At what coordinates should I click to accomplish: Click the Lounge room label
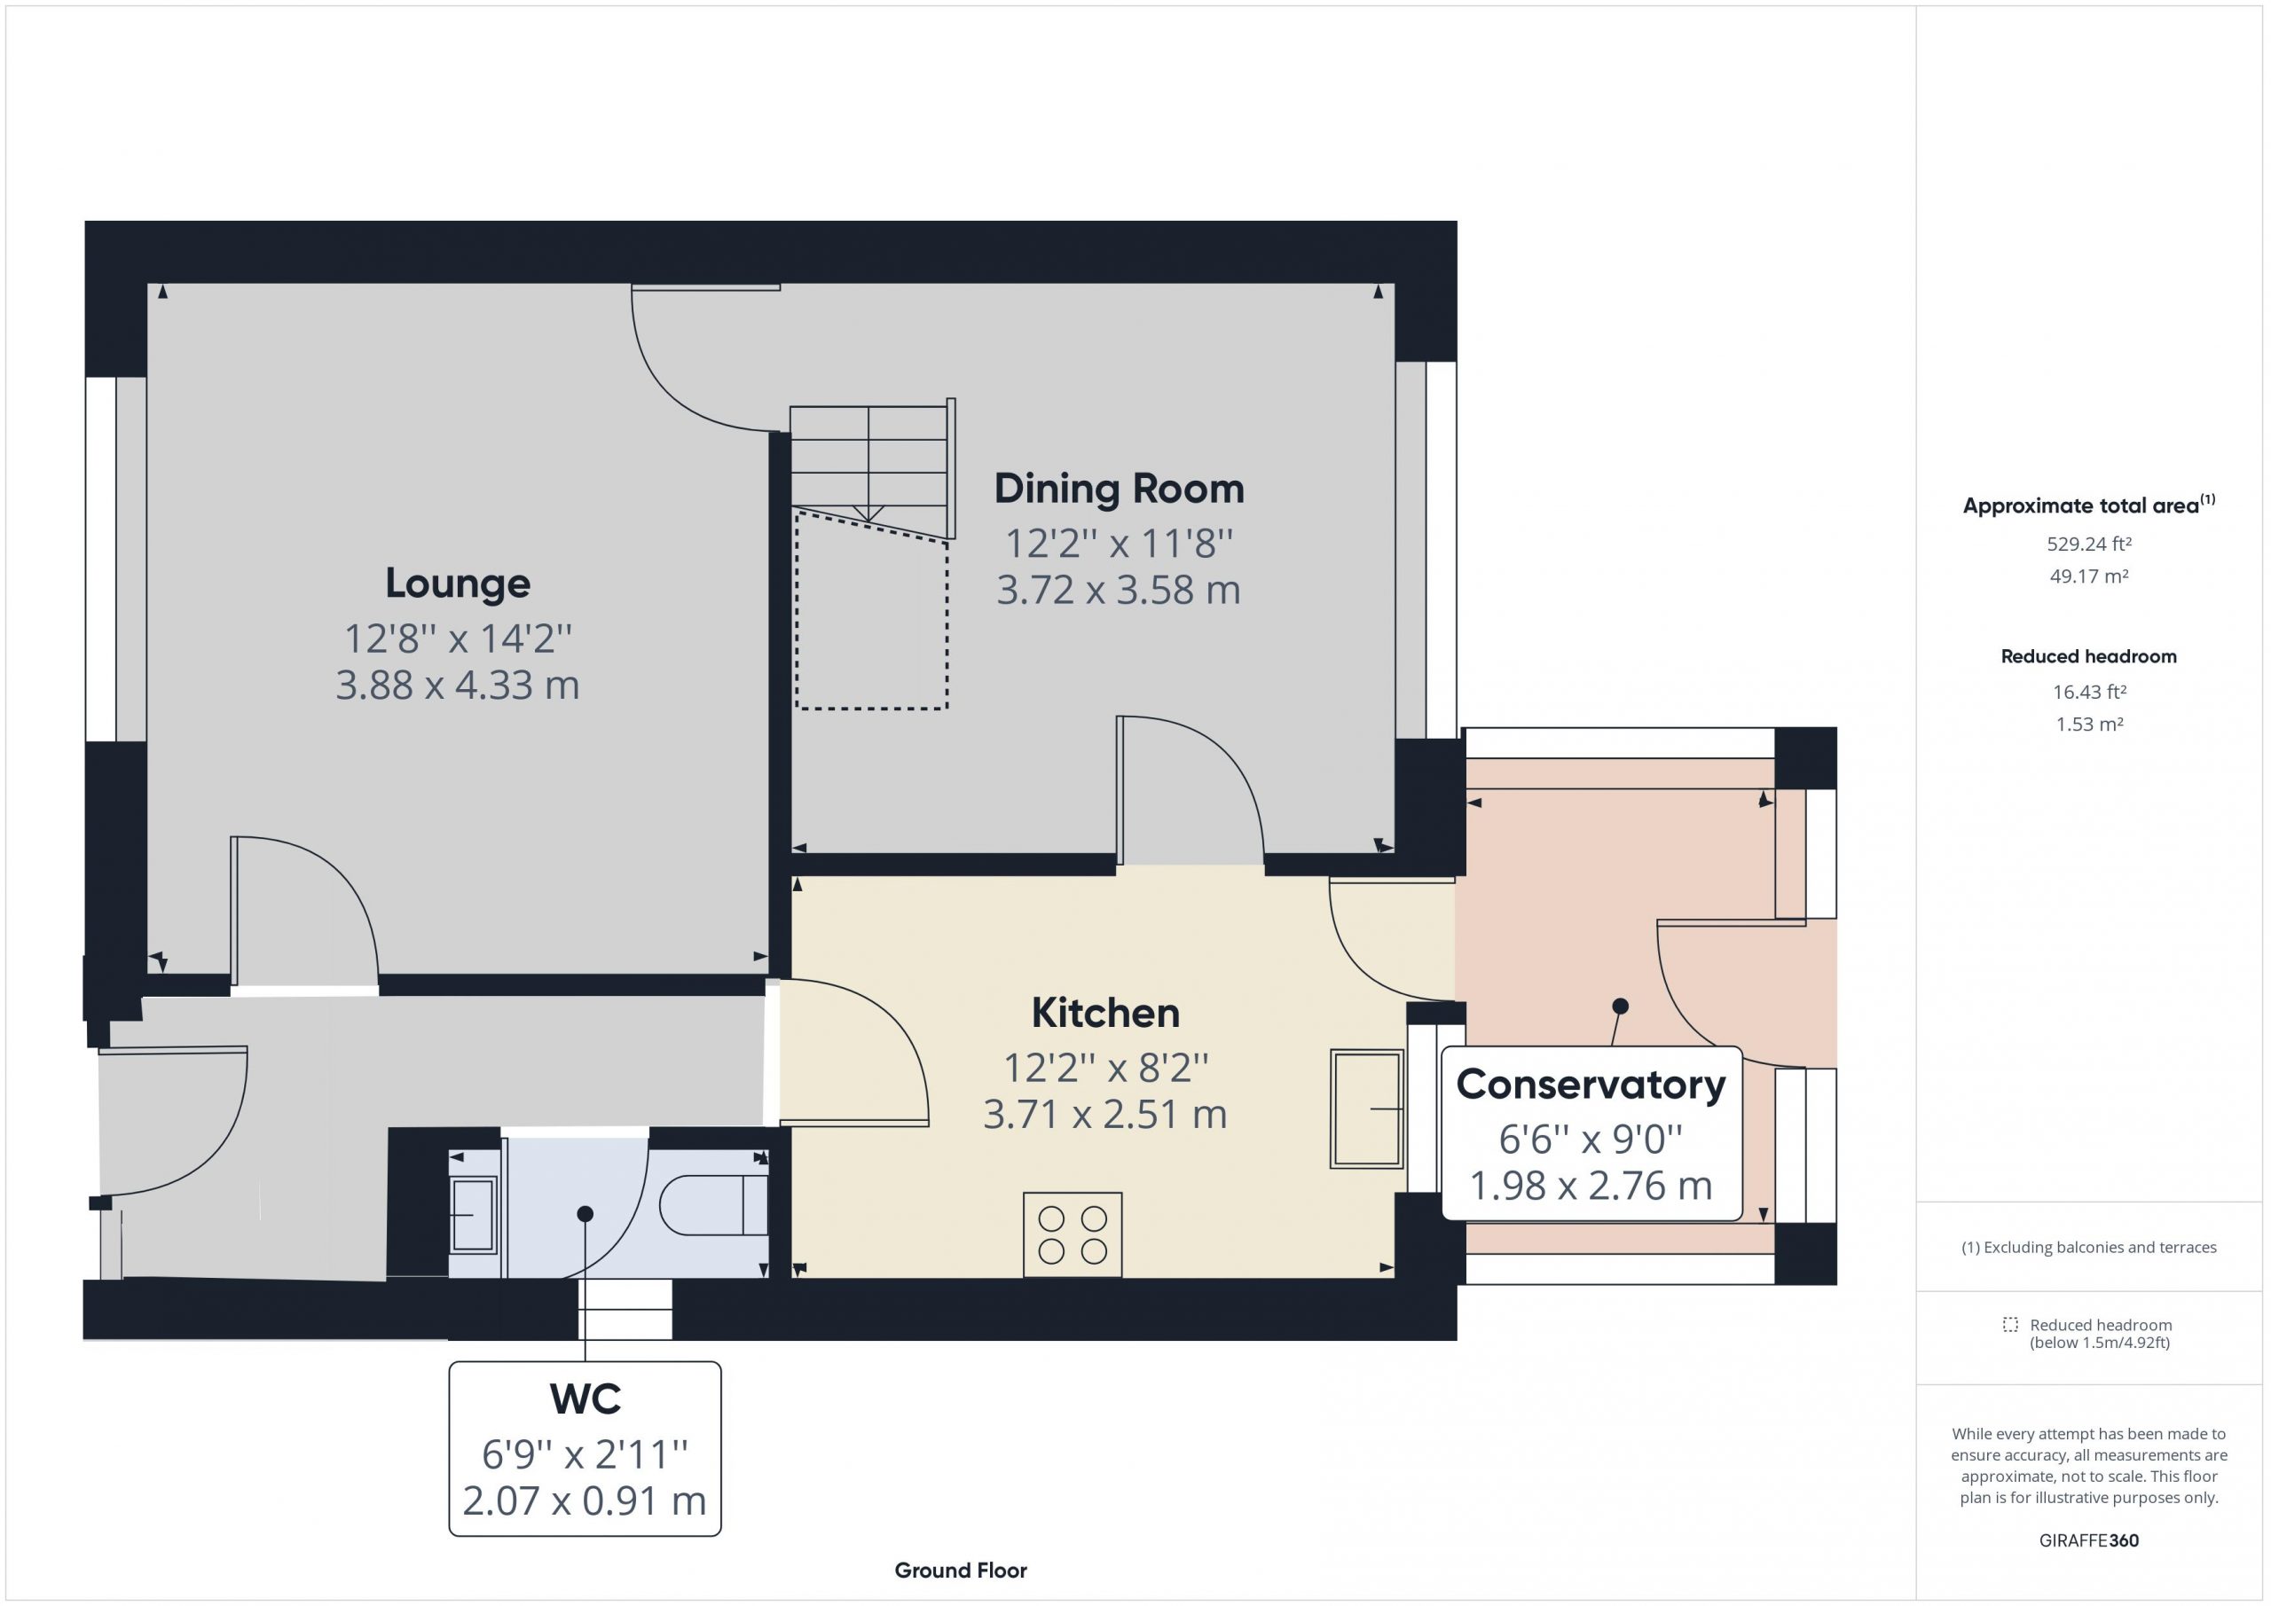click(457, 584)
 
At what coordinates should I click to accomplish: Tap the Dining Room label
click(1119, 489)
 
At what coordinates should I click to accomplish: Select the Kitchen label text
click(1104, 1013)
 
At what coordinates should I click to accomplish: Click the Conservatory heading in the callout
click(1591, 1085)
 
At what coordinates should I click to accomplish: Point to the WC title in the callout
click(585, 1399)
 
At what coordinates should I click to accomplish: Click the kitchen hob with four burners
click(1073, 1234)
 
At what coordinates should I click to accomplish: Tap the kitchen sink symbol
click(1367, 1109)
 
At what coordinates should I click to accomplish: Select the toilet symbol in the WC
click(714, 1204)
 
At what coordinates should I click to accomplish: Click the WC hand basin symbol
click(474, 1216)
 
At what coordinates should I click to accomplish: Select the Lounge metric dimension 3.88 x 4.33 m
click(457, 685)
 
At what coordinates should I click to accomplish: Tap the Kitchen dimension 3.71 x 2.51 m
click(1104, 1115)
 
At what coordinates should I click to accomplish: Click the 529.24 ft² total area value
click(2089, 544)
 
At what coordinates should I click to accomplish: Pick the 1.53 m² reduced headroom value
click(2089, 724)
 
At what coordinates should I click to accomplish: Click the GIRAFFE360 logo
click(2089, 1539)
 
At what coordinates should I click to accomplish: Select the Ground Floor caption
click(961, 1571)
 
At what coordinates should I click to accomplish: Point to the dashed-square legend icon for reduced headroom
click(2010, 1324)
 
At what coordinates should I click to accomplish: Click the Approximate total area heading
click(2089, 505)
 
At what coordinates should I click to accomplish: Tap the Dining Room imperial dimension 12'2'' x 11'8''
click(1119, 543)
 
